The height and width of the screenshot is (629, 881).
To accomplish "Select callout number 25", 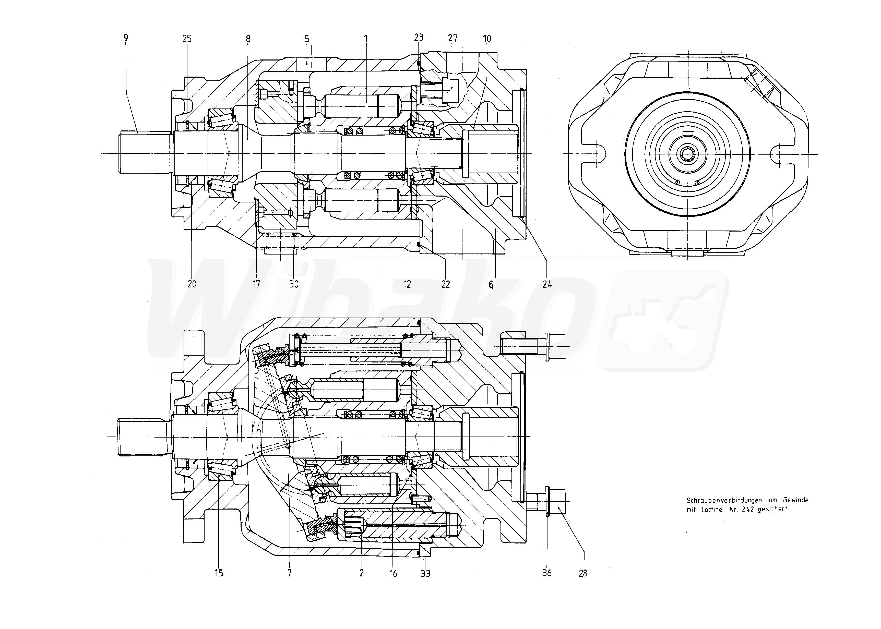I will pyautogui.click(x=187, y=39).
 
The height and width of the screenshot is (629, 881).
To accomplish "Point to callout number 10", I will pyautogui.click(x=487, y=39).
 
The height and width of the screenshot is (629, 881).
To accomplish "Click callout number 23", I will pyautogui.click(x=419, y=38).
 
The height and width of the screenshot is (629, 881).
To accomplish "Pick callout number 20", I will pyautogui.click(x=192, y=284).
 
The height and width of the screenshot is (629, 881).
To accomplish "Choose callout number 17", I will pyautogui.click(x=256, y=284).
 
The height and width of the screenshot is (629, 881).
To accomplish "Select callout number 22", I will pyautogui.click(x=446, y=284).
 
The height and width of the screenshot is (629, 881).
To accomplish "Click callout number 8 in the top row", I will pyautogui.click(x=248, y=39).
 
